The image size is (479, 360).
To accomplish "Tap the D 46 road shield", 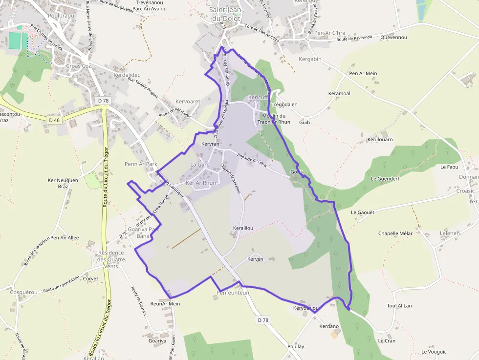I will tap(54, 120).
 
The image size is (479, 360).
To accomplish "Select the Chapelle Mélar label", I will tap(395, 233).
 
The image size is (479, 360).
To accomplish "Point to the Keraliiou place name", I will tap(243, 228).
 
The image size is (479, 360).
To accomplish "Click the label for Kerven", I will tap(255, 259).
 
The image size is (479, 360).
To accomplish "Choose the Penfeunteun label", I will tap(233, 293).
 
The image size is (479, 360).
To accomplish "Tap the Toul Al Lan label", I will tap(399, 306).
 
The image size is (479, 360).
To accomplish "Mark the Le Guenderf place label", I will tap(385, 179).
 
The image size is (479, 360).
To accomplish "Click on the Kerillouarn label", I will tap(380, 140).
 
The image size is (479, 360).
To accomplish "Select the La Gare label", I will tap(199, 165).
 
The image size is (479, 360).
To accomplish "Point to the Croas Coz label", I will tap(79, 66).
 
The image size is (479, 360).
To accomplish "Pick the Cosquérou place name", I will tap(23, 292).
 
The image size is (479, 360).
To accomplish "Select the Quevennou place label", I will tap(393, 37).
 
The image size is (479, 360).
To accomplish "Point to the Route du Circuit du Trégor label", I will tap(106, 176).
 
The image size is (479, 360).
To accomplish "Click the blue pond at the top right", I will tap(421, 8).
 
